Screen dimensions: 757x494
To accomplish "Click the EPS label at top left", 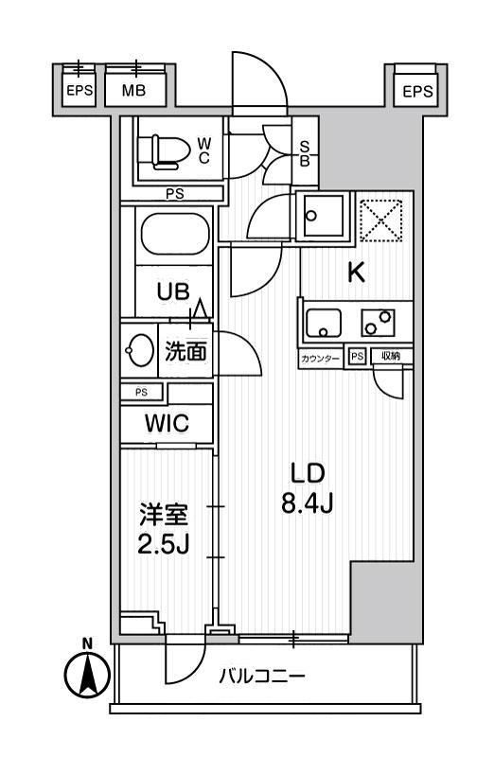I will coord(79,92).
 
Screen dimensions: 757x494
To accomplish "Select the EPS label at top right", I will coord(416,92).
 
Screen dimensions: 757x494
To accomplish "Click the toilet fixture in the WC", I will coord(162,150).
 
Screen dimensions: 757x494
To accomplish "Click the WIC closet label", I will coord(166,423).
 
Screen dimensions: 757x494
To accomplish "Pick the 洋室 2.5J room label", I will coord(166,531).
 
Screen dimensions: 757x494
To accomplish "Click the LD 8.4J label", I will coord(303,489).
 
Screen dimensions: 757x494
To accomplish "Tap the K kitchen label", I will coord(355,273).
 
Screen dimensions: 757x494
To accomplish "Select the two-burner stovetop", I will coord(379,323).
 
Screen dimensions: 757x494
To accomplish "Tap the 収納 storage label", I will coord(391,357).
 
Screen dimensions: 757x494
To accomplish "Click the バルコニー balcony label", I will coord(261,678).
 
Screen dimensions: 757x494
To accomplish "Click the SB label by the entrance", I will coord(306,153).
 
